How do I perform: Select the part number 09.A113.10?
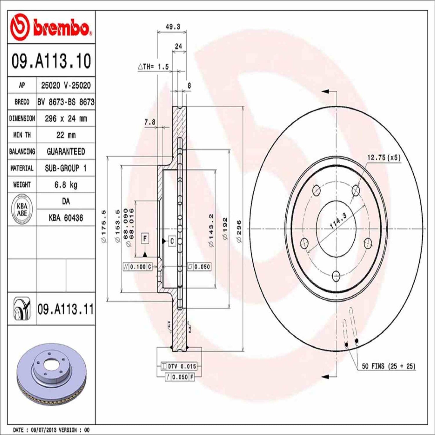(x=51, y=61)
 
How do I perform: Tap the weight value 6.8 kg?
(x=66, y=185)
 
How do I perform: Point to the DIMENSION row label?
(x=22, y=119)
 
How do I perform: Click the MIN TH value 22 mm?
(x=66, y=135)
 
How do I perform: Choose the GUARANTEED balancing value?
(x=66, y=151)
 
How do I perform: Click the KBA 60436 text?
(x=66, y=218)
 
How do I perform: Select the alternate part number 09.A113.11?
(x=66, y=309)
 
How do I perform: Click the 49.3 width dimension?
(x=173, y=27)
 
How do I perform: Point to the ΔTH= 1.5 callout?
(x=154, y=67)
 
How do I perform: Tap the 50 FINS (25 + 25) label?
(x=388, y=366)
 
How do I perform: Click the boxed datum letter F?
(x=145, y=239)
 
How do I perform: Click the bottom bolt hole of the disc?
(x=336, y=275)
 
